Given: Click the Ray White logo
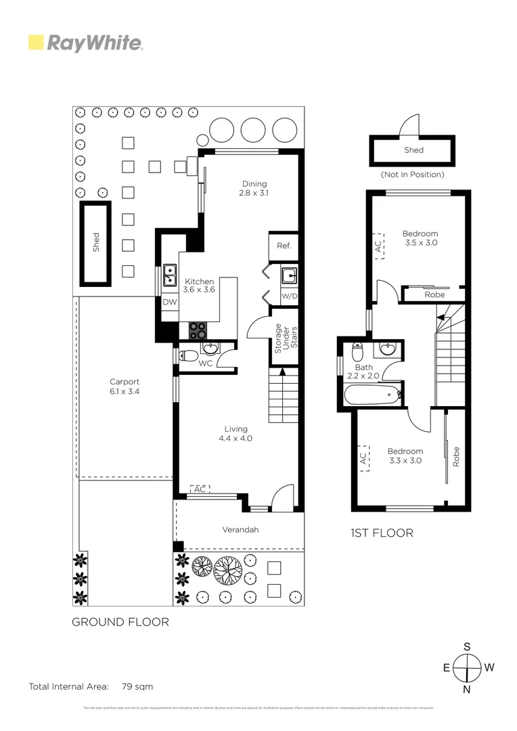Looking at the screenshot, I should pyautogui.click(x=85, y=43).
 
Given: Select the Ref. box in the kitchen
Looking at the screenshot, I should pyautogui.click(x=284, y=246).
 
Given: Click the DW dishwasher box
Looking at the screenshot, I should pyautogui.click(x=169, y=302).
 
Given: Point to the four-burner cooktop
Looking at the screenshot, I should pyautogui.click(x=198, y=330).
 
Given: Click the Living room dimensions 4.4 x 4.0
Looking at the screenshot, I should pyautogui.click(x=235, y=438).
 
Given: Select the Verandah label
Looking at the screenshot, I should pyautogui.click(x=240, y=529).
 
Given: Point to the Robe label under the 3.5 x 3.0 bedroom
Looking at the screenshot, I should pyautogui.click(x=434, y=294).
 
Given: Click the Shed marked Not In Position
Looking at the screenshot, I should pyautogui.click(x=412, y=150).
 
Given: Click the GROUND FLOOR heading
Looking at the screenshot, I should pyautogui.click(x=120, y=621).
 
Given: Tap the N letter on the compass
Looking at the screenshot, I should pyautogui.click(x=467, y=690).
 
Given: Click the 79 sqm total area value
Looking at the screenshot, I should pyautogui.click(x=137, y=686).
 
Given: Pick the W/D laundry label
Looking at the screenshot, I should pyautogui.click(x=289, y=296).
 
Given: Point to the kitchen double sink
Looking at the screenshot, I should pyautogui.click(x=169, y=276).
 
